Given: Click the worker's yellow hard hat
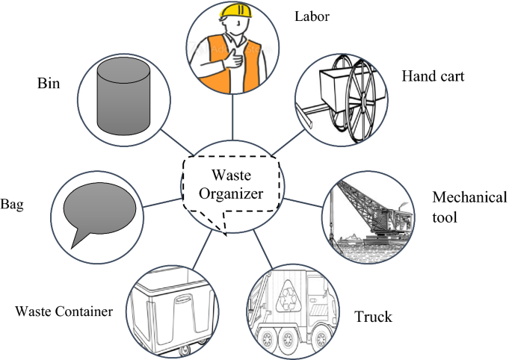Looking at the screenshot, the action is point(235,10).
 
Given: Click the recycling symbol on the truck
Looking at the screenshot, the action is point(294,296).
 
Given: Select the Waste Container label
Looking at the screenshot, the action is point(64,310).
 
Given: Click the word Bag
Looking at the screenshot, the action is point(13,203).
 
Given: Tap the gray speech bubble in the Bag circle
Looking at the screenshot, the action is point(99,208).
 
